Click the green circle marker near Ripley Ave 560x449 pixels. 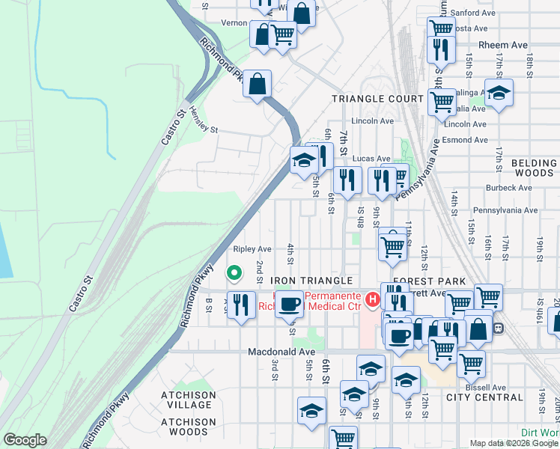tap(234, 274)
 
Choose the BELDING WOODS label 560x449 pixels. tap(535, 168)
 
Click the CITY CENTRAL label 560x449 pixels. tap(484, 397)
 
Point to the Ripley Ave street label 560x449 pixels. tap(252, 248)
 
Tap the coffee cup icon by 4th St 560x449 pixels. tap(289, 305)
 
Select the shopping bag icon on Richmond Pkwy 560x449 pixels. tap(257, 85)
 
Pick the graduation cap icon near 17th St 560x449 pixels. tap(499, 94)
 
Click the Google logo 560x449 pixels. tap(25, 439)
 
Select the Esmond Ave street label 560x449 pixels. tap(464, 138)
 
